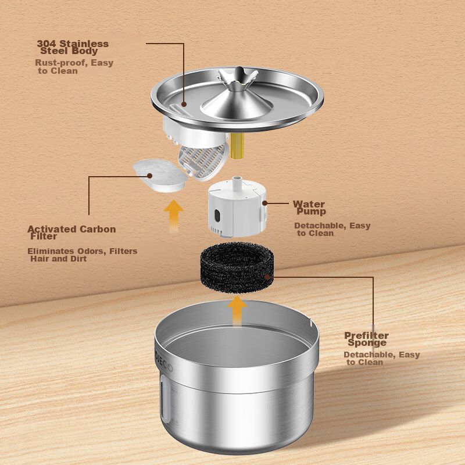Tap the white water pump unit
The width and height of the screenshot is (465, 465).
(x=237, y=208)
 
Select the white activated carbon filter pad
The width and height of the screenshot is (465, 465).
(x=160, y=176)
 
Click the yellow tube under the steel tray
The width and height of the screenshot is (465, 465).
(x=237, y=146)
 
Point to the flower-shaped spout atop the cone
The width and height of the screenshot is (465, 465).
(x=237, y=78)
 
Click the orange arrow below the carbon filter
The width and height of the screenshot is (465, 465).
(x=173, y=216)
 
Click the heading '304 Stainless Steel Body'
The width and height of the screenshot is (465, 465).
(x=73, y=47)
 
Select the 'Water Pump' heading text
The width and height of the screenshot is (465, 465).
(x=309, y=208)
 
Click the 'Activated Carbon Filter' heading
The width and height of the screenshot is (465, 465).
(x=71, y=233)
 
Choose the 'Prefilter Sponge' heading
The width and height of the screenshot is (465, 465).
(x=367, y=339)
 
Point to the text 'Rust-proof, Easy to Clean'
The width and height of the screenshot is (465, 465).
(x=74, y=67)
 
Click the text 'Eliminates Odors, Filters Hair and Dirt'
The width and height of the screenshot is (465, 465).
(x=82, y=255)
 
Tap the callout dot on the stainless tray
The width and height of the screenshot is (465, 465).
(x=184, y=104)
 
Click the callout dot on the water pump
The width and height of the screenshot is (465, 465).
(x=265, y=203)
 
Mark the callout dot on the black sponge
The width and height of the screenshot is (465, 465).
(x=267, y=277)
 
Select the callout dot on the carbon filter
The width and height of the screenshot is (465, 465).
(x=150, y=176)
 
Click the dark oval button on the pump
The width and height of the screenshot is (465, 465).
(x=217, y=216)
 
